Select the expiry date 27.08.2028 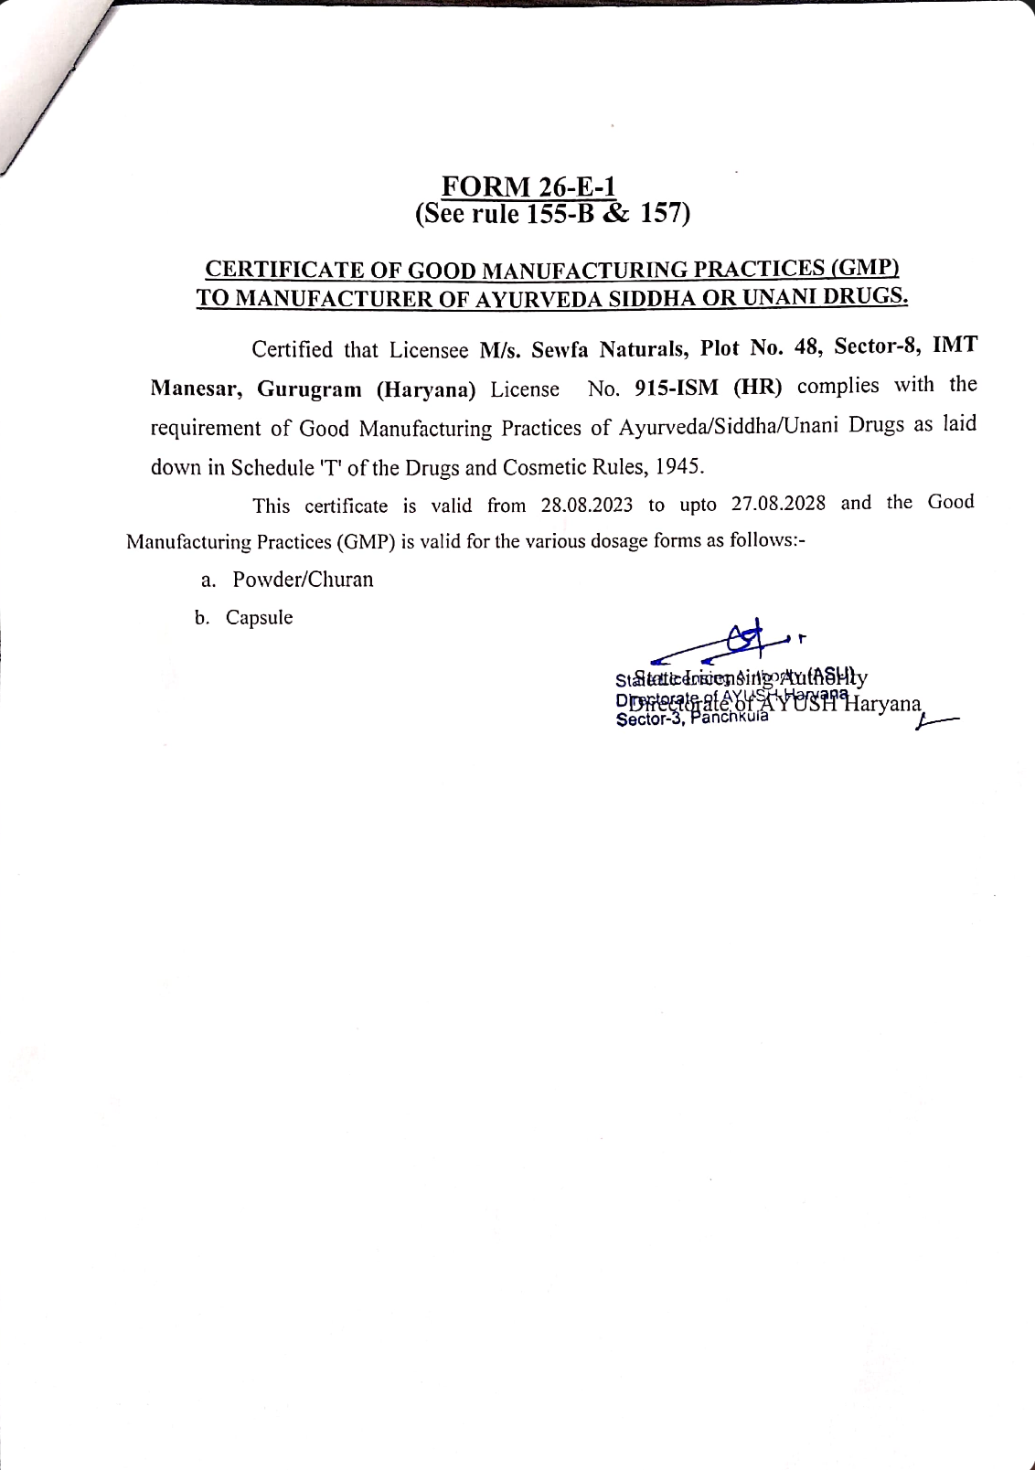pos(778,504)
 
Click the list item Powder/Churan pos(303,580)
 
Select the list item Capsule pos(259,618)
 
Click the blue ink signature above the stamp pos(731,643)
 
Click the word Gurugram pos(309,389)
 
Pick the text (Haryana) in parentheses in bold pos(426,389)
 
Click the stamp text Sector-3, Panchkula pos(692,719)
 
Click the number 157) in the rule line pos(665,213)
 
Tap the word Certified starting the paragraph pos(292,350)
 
